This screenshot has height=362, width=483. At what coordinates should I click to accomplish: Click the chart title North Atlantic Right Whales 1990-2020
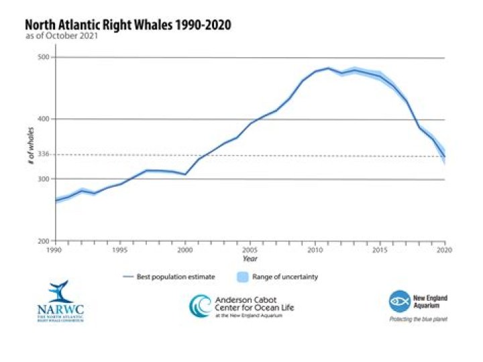point(128,24)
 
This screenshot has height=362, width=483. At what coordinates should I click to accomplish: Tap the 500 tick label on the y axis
point(44,57)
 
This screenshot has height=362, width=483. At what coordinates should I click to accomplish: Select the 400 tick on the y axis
point(44,119)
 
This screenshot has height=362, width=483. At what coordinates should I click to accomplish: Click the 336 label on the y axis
point(44,155)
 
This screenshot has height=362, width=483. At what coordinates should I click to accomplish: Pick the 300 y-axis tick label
point(44,179)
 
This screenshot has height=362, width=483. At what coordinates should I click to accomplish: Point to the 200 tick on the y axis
point(44,240)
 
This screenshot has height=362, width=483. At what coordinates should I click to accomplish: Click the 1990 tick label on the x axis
point(56,250)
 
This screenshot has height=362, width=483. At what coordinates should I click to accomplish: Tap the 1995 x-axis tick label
point(120,250)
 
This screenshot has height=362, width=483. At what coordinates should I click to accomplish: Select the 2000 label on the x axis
point(185,250)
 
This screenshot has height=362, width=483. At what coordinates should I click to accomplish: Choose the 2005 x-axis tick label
point(250,250)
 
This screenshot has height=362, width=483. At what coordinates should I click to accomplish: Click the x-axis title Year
point(250,259)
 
